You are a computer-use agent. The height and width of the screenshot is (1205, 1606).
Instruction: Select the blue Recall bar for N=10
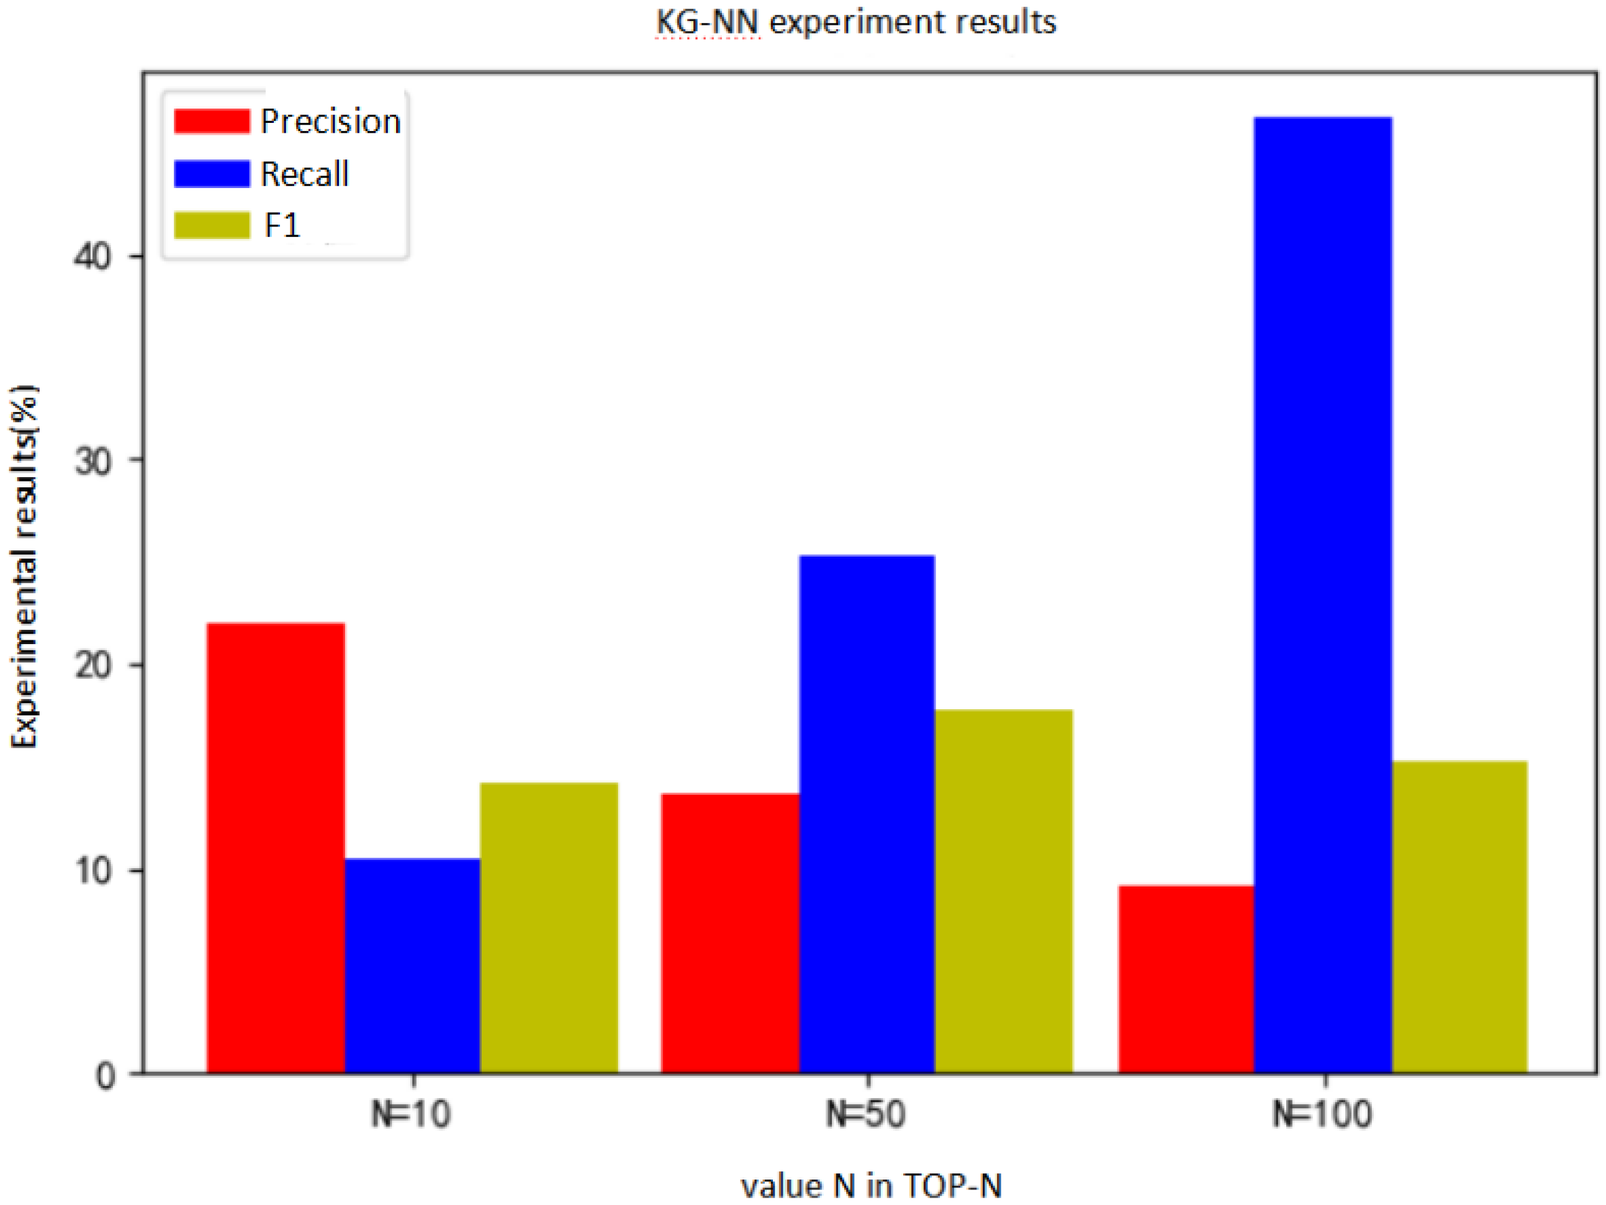click(x=412, y=965)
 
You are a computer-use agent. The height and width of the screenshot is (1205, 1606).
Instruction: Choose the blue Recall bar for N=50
click(x=867, y=813)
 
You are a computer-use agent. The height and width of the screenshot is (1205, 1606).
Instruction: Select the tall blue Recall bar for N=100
click(x=1323, y=595)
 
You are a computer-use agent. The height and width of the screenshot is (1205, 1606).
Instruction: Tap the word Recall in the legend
click(x=305, y=174)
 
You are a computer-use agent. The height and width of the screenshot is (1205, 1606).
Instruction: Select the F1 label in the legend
click(x=282, y=225)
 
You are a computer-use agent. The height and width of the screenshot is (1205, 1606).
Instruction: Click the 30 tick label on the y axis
click(x=93, y=461)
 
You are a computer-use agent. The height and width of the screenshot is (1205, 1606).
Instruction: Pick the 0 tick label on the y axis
click(x=106, y=1076)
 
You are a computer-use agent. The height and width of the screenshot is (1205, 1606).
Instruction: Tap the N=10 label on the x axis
click(x=411, y=1114)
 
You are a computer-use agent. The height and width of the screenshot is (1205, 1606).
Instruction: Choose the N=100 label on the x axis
click(x=1323, y=1114)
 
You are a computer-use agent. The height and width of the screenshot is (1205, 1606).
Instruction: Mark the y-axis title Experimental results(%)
click(x=25, y=567)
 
